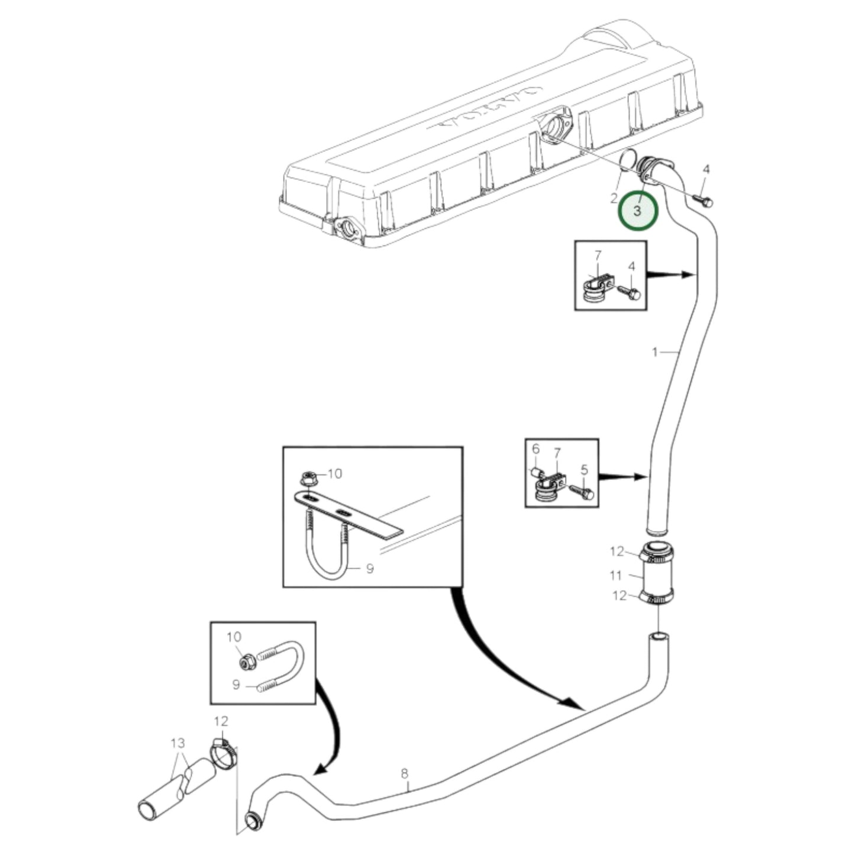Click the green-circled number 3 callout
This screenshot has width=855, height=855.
[x=637, y=211]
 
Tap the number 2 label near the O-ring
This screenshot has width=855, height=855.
[x=614, y=198]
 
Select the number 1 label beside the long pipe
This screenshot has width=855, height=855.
[x=654, y=353]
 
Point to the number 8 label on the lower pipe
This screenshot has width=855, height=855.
[x=405, y=773]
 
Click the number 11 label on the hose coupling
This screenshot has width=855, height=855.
[x=616, y=575]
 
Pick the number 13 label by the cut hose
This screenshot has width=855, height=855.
[x=178, y=743]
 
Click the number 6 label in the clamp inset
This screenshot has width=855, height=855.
[x=535, y=449]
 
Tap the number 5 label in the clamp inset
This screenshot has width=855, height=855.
[x=584, y=470]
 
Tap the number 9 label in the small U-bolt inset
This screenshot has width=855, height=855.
[x=235, y=685]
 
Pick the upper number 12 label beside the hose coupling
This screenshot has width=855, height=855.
[x=617, y=551]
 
